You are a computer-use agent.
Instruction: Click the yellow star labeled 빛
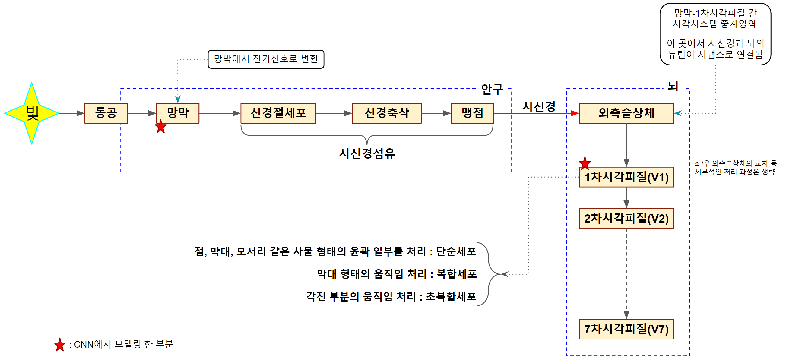[x=32, y=113]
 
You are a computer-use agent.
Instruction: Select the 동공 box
[x=106, y=113]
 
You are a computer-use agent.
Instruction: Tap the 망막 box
[x=178, y=113]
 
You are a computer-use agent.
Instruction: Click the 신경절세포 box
[x=278, y=113]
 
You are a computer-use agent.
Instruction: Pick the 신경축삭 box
[x=387, y=113]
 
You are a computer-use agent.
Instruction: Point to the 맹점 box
[x=472, y=113]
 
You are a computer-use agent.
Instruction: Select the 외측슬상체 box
[x=626, y=113]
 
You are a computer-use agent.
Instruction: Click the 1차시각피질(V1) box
[x=626, y=177]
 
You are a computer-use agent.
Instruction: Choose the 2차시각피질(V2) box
[x=626, y=218]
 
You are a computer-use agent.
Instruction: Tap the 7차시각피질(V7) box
[x=626, y=329]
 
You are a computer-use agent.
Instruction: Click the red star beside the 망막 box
[x=161, y=127]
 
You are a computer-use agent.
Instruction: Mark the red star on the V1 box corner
[x=585, y=163]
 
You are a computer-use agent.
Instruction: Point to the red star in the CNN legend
[x=60, y=345]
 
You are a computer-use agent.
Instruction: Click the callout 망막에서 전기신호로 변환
[x=266, y=59]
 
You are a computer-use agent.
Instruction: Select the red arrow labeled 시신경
[x=536, y=113]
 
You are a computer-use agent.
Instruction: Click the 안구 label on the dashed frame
[x=492, y=89]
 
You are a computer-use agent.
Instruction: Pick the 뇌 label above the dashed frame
[x=673, y=86]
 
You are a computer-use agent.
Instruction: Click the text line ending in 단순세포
[x=335, y=251]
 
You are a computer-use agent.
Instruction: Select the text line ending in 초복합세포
[x=391, y=296]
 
